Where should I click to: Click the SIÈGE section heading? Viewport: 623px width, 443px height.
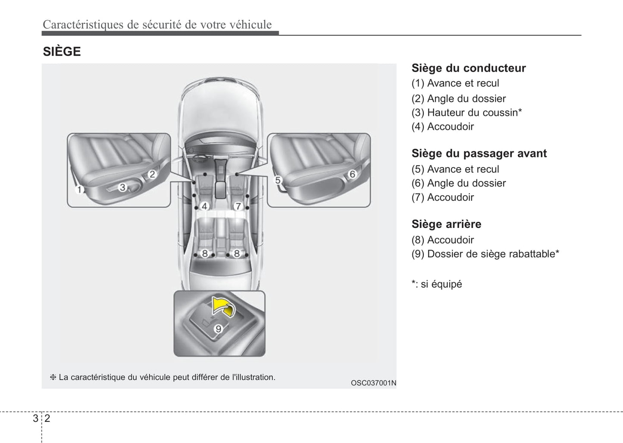pyautogui.click(x=62, y=52)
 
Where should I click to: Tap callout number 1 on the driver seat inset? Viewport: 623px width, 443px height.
pyautogui.click(x=79, y=190)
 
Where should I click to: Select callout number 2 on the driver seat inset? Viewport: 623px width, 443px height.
pyautogui.click(x=152, y=174)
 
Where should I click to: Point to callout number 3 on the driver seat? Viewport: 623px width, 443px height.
pyautogui.click(x=122, y=187)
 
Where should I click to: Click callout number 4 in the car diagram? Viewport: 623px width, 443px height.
pyautogui.click(x=204, y=206)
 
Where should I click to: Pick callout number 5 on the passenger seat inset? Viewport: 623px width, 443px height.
pyautogui.click(x=278, y=180)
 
